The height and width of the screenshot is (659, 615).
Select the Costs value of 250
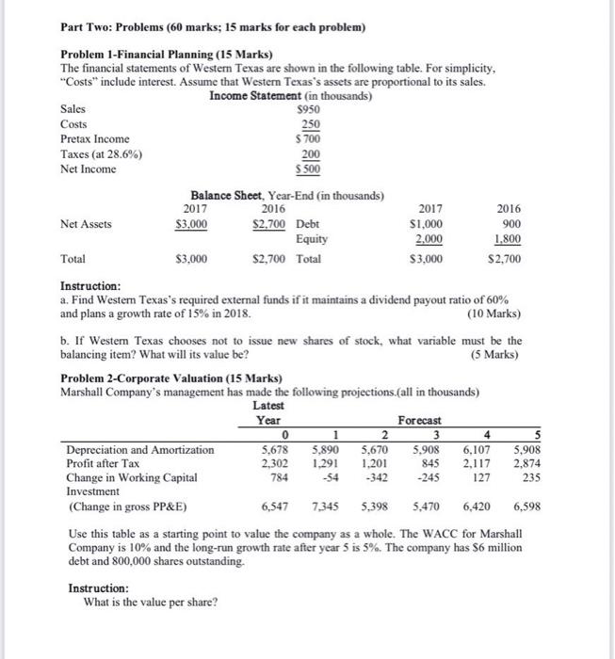tap(310, 123)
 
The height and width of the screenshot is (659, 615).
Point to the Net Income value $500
tap(308, 169)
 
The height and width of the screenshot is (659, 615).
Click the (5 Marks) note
tap(496, 355)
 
